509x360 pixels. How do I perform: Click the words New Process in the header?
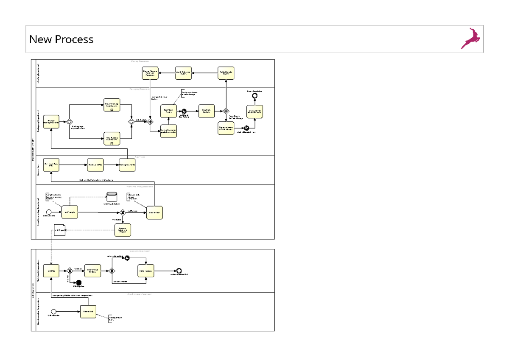[61, 39]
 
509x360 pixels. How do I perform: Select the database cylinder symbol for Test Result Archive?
[112, 197]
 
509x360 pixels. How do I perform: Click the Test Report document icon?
[59, 229]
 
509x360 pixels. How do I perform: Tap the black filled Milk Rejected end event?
[78, 282]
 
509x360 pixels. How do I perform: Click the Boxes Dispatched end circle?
[255, 96]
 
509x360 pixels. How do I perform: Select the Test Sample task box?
[70, 212]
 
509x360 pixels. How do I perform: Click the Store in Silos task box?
[155, 212]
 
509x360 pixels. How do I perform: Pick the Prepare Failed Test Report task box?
[123, 230]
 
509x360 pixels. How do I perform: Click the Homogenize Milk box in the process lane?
[127, 165]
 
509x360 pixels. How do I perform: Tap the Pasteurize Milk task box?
[95, 165]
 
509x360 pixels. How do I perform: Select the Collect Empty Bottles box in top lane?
[226, 73]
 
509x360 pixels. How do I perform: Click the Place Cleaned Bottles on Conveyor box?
[150, 73]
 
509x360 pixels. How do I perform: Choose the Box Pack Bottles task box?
[206, 111]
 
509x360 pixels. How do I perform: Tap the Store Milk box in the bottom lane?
[88, 312]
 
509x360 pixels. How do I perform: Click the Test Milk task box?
[51, 271]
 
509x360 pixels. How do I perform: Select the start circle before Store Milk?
[53, 312]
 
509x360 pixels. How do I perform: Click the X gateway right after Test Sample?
[123, 212]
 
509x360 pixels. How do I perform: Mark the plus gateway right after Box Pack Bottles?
[226, 111]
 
